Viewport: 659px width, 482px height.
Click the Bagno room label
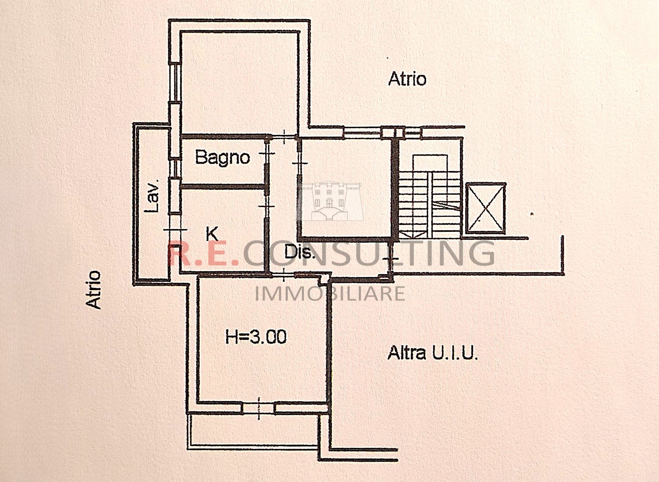coord(222,157)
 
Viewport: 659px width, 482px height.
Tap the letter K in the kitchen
coord(212,234)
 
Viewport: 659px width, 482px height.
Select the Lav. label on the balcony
coord(153,196)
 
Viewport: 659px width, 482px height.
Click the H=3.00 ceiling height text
coord(256,337)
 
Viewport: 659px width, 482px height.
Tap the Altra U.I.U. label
coord(432,353)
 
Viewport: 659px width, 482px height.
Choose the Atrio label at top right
coord(407,79)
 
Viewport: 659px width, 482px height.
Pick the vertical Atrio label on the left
coord(94,290)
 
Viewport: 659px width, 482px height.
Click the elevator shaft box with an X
coord(485,209)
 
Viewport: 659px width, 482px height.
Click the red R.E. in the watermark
coord(203,254)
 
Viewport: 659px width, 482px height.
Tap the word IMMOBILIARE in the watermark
coord(330,293)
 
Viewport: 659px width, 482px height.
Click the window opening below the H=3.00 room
coord(258,408)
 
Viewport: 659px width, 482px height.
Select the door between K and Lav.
coord(175,230)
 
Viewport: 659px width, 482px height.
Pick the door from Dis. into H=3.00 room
coord(284,275)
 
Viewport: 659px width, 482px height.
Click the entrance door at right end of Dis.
coord(390,259)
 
